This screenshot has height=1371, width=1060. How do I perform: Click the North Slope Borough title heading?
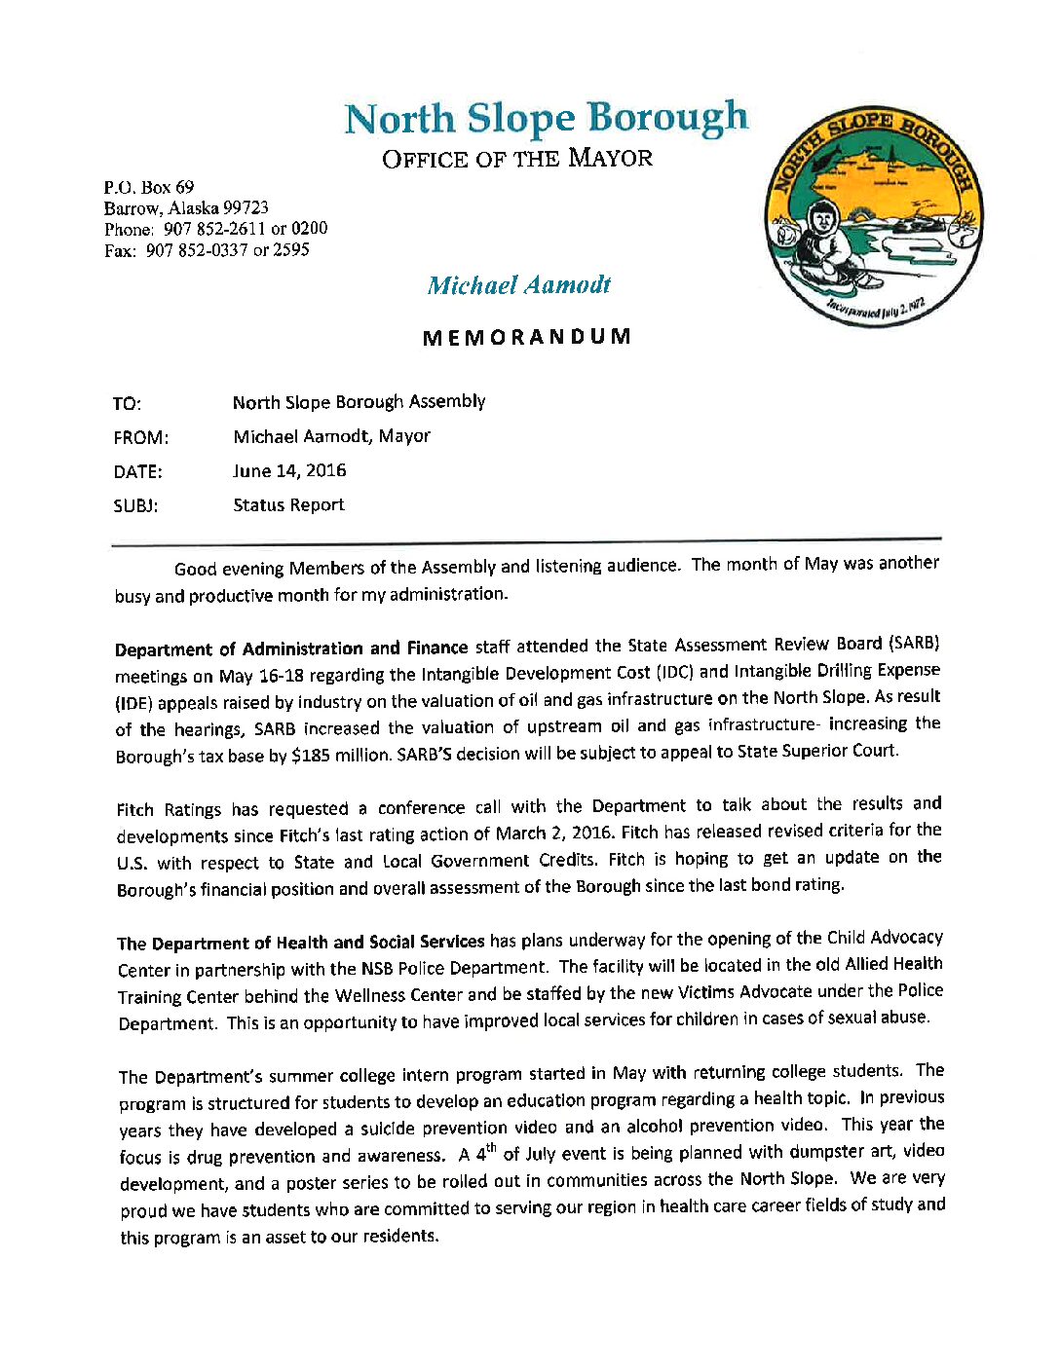546,119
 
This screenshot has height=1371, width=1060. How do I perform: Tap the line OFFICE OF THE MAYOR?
516,159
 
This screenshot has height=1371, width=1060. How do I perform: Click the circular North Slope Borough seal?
873,217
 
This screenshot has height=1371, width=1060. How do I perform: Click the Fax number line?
207,250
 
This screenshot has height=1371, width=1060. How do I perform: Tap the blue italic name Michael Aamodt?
518,285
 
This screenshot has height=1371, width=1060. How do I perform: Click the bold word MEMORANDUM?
526,337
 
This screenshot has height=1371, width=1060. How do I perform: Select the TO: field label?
127,404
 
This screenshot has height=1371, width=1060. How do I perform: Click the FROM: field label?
140,438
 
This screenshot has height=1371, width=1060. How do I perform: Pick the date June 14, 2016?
289,471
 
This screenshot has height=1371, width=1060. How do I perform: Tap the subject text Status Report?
288,505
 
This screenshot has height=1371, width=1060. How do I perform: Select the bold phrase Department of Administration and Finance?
291,648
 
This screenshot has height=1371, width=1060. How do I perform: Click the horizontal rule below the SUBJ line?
526,539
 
